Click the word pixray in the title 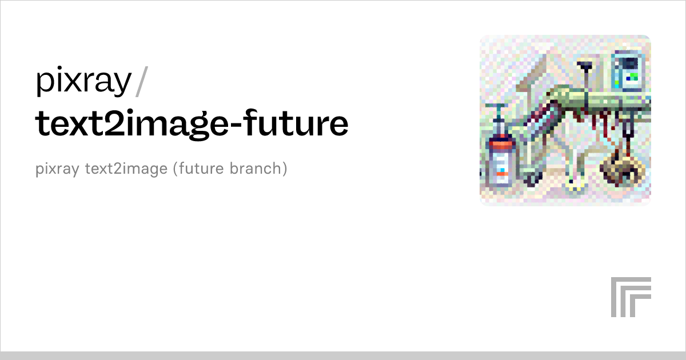coord(83,82)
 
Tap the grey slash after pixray coord(142,82)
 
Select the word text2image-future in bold coord(192,123)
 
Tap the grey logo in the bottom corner coord(631,297)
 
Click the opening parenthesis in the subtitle coord(176,170)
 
